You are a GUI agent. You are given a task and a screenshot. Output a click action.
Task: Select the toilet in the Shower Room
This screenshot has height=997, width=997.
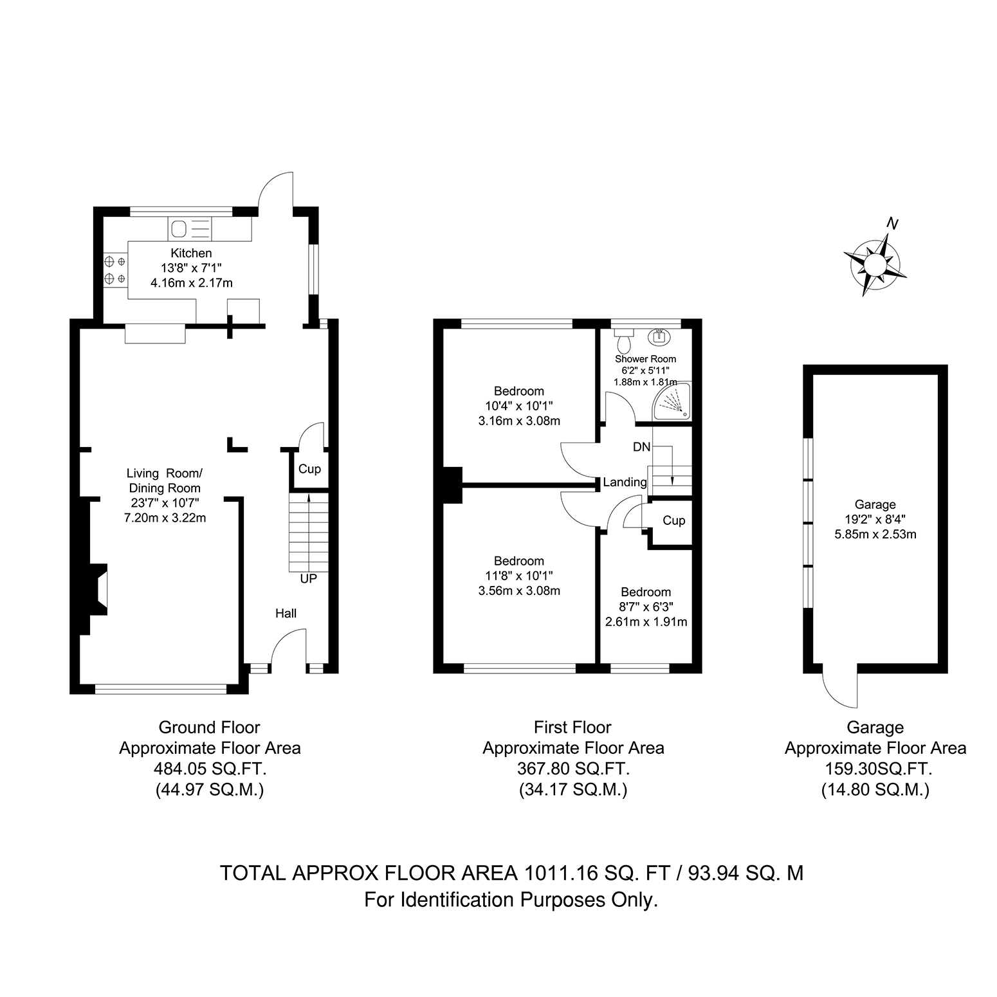coord(623,338)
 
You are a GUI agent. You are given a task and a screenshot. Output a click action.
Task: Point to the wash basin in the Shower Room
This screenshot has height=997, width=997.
coord(661,336)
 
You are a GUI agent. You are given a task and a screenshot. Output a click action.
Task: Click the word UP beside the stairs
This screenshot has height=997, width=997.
coord(309,579)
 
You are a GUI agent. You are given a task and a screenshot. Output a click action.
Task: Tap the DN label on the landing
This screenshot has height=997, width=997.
coord(641,446)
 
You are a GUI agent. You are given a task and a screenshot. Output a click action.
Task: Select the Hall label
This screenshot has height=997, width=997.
coord(286,613)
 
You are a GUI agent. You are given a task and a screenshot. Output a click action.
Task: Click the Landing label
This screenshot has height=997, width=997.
coord(625,482)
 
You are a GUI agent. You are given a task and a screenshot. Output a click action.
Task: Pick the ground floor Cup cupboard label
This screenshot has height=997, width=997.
coord(309,469)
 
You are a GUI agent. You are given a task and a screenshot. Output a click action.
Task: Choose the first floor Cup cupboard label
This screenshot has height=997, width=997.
coord(673,520)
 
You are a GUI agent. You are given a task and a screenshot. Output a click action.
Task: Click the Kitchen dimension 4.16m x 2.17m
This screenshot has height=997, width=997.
coord(191,282)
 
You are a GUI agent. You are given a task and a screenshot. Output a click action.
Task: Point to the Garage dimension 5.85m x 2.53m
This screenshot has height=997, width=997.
coord(875,534)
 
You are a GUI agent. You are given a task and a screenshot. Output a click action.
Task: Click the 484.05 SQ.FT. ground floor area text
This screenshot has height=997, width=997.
coord(210,769)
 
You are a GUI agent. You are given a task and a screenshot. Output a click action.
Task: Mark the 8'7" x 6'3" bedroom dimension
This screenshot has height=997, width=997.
coord(646,607)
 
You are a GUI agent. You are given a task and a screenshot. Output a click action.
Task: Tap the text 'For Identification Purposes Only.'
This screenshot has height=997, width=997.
coord(511,899)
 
